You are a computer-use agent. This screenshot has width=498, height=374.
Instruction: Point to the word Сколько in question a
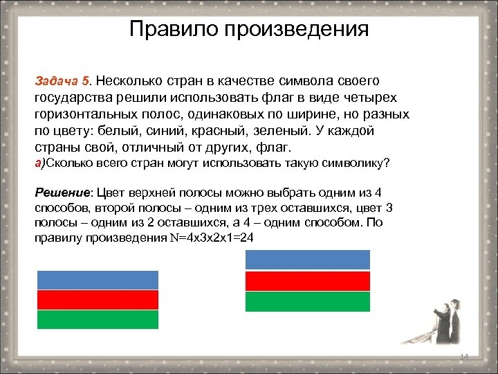click(68, 163)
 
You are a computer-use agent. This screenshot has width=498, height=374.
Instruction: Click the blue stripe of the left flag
click(98, 280)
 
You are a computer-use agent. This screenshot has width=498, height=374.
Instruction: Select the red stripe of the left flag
click(98, 300)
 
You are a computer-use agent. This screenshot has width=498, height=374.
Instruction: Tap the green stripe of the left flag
click(98, 319)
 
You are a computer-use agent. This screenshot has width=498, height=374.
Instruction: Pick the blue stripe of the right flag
click(308, 260)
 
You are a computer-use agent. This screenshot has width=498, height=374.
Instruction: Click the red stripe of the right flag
click(308, 281)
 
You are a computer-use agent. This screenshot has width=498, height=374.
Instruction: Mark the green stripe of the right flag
click(308, 302)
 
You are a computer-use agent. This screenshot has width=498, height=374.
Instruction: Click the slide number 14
click(464, 356)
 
